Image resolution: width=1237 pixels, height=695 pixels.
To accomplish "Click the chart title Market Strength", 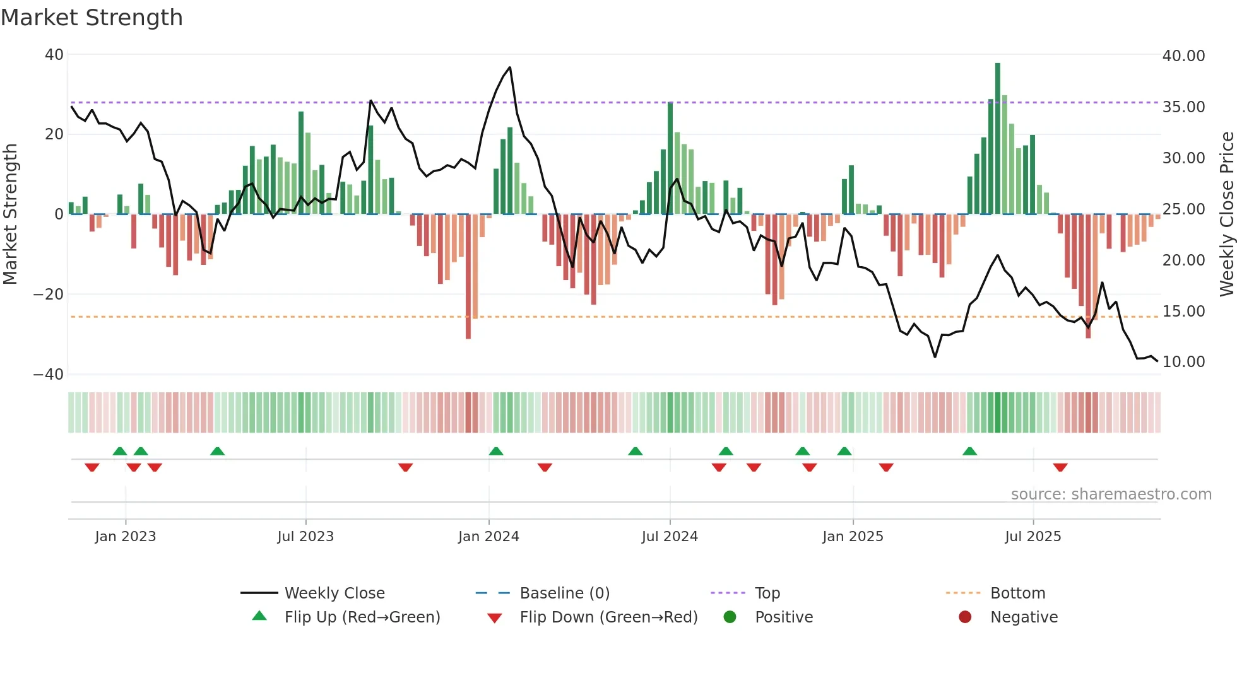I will click(x=92, y=18).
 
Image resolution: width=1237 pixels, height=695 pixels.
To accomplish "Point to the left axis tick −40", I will click(x=49, y=374).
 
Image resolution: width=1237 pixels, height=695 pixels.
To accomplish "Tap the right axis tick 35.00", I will click(x=1183, y=107).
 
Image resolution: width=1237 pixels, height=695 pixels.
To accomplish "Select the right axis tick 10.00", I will click(x=1183, y=361).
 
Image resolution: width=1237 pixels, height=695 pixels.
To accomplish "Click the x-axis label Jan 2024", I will click(x=488, y=536).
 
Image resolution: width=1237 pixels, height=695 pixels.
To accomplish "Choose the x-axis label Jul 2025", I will click(x=1033, y=536).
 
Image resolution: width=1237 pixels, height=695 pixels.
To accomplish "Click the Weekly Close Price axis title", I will click(x=1226, y=214).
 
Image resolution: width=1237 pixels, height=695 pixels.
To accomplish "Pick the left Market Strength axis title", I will click(x=10, y=214).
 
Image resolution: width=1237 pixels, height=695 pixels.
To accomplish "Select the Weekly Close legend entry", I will click(x=334, y=593).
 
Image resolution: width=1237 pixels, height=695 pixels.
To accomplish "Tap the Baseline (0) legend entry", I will click(x=564, y=593).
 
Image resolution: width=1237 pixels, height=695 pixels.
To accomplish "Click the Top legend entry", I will click(x=767, y=593).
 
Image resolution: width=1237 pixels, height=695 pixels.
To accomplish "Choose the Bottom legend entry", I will click(x=1017, y=593).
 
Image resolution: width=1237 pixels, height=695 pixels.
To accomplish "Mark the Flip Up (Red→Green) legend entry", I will click(x=362, y=617).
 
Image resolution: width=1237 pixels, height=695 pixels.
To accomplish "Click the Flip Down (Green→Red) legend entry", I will click(x=608, y=617).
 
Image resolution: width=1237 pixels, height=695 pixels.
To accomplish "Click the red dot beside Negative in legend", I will click(x=964, y=617).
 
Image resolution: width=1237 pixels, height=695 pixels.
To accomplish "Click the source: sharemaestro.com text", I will click(x=1111, y=494).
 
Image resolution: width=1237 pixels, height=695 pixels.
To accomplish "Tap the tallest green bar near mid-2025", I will click(x=998, y=139).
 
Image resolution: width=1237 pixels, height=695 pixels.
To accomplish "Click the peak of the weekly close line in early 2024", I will click(x=509, y=67).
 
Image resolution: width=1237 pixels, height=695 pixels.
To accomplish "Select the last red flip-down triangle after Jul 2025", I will click(x=1060, y=467).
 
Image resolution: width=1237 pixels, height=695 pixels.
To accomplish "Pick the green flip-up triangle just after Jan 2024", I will click(x=496, y=451).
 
